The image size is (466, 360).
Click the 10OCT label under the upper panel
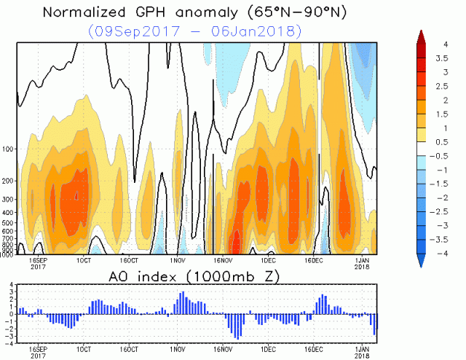pyautogui.click(x=84, y=259)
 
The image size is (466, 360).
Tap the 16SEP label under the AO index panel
pyautogui.click(x=38, y=349)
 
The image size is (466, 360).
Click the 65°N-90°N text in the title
pyautogui.click(x=283, y=12)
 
